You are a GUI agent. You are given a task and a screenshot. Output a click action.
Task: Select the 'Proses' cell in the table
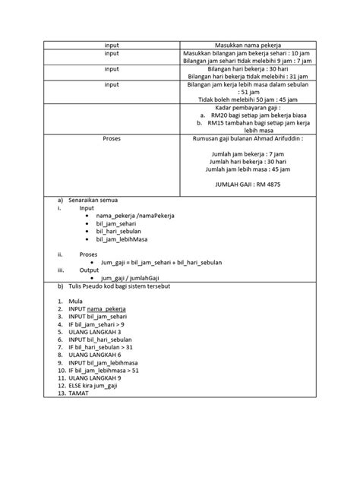coord(112,139)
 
